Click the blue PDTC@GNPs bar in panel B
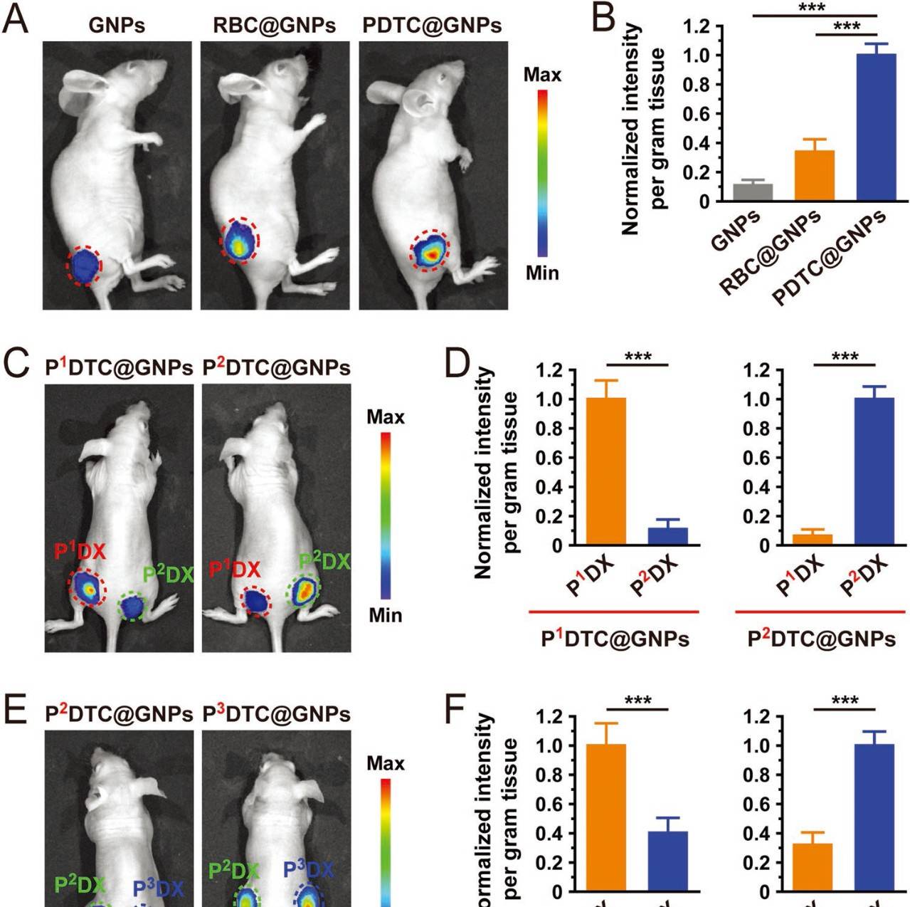[x=876, y=128]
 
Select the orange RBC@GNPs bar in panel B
[x=814, y=176]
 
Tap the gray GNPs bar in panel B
[x=753, y=192]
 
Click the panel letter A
[x=16, y=19]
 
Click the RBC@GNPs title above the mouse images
[x=275, y=26]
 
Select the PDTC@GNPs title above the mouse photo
[x=432, y=26]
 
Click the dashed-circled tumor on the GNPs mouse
[x=85, y=265]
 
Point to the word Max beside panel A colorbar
[x=542, y=75]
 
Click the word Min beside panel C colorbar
[x=385, y=614]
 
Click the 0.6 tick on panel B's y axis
[x=702, y=114]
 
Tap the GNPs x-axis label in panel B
[x=736, y=231]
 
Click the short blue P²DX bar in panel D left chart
[x=668, y=537]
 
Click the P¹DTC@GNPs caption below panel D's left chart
[x=615, y=638]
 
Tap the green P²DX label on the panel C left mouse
[x=168, y=574]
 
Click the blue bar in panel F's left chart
[x=668, y=861]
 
